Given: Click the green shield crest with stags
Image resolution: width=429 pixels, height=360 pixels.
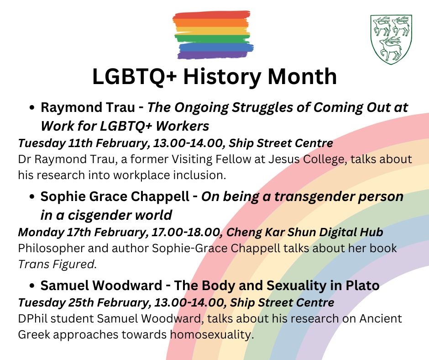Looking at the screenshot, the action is [391, 39].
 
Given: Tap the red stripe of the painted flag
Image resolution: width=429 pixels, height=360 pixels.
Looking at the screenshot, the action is [211, 15].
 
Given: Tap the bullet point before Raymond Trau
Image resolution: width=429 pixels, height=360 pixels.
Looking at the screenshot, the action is [32, 108].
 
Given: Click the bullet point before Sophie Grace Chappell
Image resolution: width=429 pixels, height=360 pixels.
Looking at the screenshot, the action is [32, 197].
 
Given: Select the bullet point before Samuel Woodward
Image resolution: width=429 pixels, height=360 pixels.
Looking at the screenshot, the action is [32, 286].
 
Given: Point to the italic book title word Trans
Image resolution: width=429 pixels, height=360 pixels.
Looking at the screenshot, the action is [34, 265].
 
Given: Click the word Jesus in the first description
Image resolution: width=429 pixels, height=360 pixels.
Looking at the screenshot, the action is [283, 159].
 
